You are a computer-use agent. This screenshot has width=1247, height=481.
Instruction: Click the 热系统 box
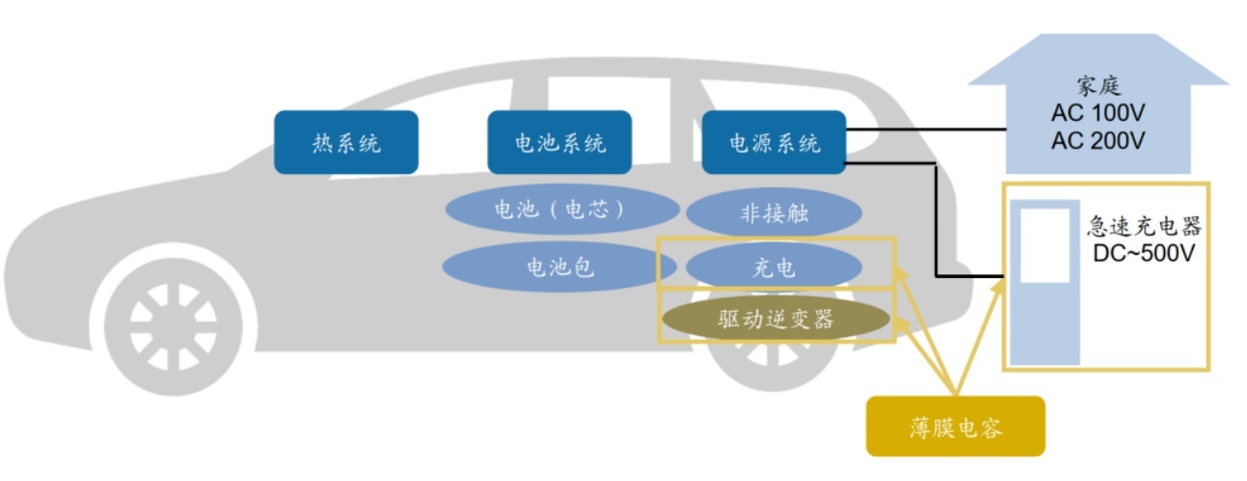[x=346, y=143]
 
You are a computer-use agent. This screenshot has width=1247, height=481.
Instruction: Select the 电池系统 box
[x=559, y=143]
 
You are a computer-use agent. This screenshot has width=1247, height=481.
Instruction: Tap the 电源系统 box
[x=774, y=143]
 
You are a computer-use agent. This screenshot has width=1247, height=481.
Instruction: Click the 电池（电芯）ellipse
[x=561, y=210]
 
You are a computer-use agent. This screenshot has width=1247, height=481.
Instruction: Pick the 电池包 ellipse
[x=560, y=267]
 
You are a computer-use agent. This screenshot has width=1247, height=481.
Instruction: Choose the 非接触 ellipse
[x=774, y=213]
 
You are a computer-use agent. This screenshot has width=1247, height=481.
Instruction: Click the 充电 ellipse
[x=774, y=267]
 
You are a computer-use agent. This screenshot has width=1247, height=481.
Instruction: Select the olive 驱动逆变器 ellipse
[x=776, y=320]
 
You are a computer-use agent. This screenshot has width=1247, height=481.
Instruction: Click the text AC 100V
[x=1097, y=114]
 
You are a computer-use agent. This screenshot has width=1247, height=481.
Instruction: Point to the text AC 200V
[x=1097, y=141]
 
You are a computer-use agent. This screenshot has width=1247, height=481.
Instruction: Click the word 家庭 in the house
[x=1097, y=86]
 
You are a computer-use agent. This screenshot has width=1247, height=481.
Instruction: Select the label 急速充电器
[x=1144, y=227]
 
